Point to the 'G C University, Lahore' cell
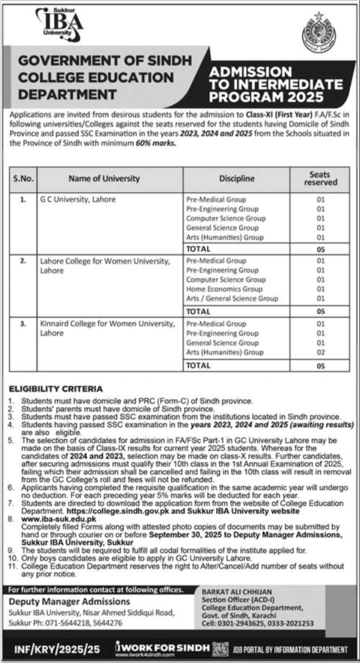pos(78,199)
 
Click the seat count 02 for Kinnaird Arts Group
pos(321,352)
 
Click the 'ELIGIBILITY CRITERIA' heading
pos(55,389)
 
